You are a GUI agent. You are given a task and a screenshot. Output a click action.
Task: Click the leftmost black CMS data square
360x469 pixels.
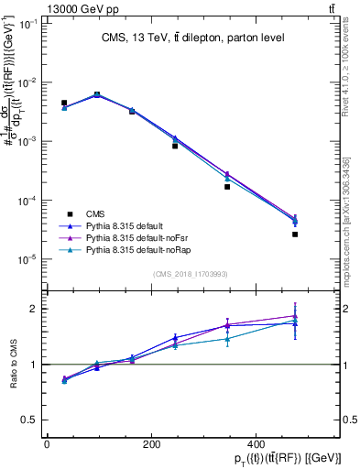click(x=63, y=103)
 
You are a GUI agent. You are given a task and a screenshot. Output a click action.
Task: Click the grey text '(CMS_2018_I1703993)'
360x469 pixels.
click(x=191, y=273)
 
